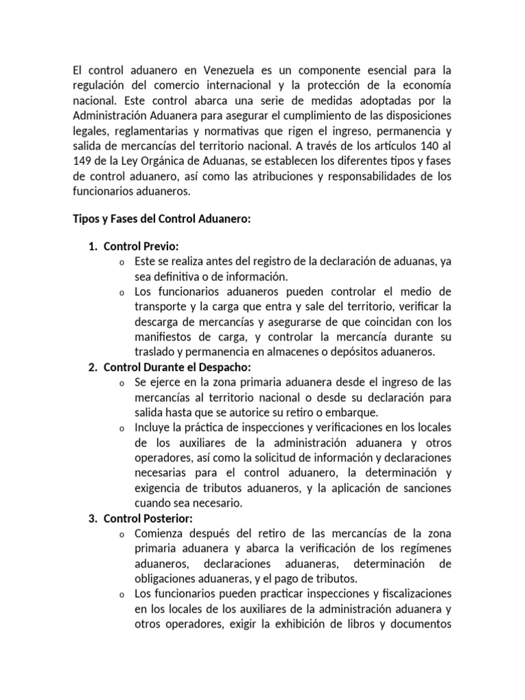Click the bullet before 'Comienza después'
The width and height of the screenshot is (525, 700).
pos(120,534)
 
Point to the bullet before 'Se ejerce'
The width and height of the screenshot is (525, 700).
pos(120,383)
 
